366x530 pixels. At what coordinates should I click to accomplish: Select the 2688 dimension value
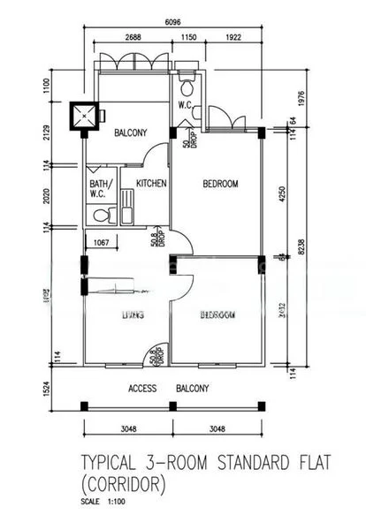(133, 39)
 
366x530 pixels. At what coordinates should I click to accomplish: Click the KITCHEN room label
(151, 184)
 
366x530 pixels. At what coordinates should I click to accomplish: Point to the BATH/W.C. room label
(98, 190)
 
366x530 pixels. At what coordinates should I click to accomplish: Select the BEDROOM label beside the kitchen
(220, 184)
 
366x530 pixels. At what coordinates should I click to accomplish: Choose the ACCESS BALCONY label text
(168, 389)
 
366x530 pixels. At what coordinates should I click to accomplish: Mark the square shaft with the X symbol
(85, 115)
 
